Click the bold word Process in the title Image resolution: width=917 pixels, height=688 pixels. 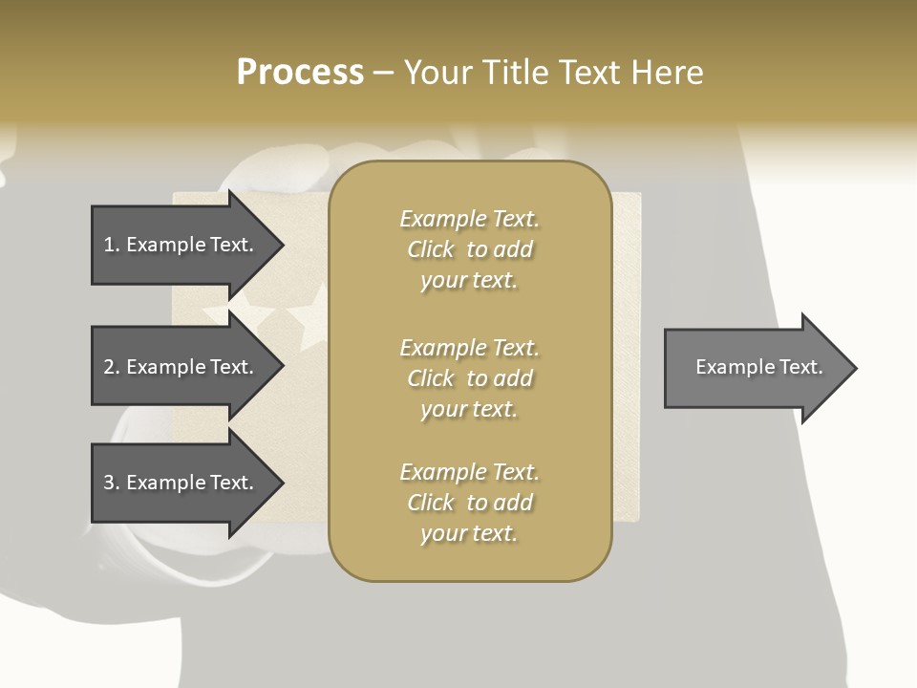click(300, 73)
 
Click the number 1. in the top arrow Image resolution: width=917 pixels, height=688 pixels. click(111, 245)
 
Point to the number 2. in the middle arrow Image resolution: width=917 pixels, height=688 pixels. click(111, 367)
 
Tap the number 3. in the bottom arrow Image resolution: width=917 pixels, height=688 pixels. click(111, 483)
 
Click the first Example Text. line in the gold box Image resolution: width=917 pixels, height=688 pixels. click(469, 219)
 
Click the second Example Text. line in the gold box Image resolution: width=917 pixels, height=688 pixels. click(469, 347)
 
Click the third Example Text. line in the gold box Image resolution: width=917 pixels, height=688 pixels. click(469, 472)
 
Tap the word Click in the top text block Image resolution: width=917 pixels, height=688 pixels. click(431, 249)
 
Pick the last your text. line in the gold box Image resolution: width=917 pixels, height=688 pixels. click(469, 533)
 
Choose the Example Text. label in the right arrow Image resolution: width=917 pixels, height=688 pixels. click(758, 367)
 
